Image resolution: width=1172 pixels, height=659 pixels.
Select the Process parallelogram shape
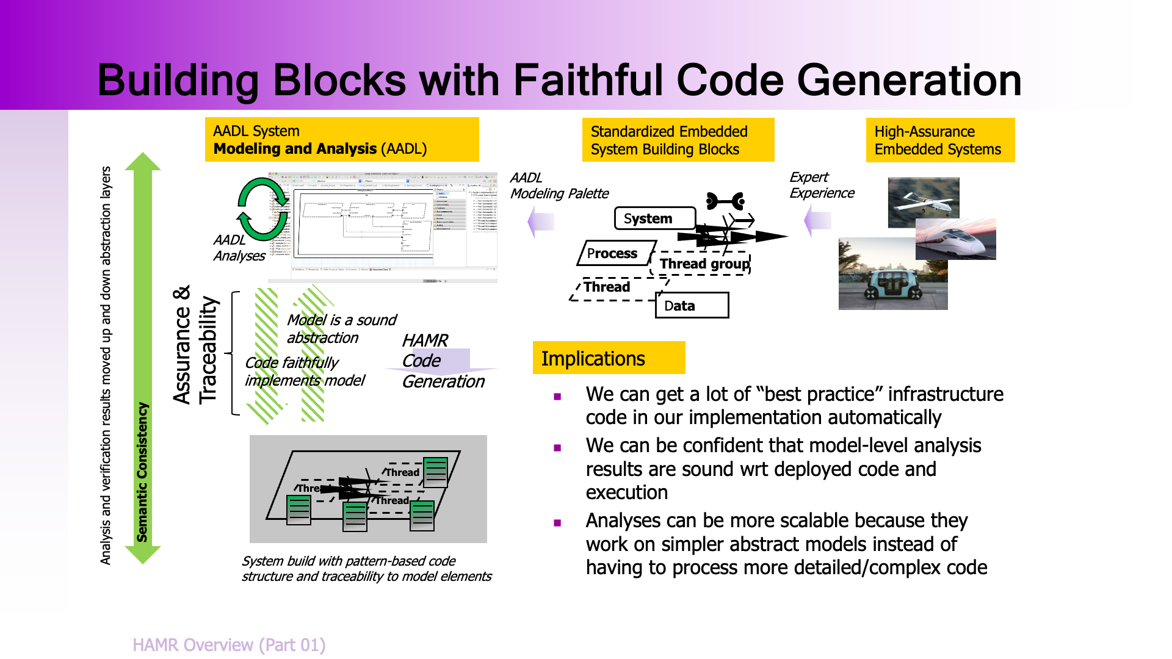point(613,253)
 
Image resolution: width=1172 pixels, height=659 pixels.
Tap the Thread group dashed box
point(703,264)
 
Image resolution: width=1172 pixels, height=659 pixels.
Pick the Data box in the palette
point(692,306)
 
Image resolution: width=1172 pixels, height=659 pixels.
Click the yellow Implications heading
point(609,358)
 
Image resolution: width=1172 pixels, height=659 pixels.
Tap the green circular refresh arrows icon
point(262,209)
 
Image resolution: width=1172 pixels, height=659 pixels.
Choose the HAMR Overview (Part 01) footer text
point(229,645)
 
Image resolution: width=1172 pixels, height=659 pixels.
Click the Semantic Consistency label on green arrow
point(142,472)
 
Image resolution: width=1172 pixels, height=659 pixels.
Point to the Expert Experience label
point(821,185)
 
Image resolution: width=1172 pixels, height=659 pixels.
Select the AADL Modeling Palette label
point(559,185)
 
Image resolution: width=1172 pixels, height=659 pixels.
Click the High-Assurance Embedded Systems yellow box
point(940,140)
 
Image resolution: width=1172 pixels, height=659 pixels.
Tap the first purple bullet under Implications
point(557,397)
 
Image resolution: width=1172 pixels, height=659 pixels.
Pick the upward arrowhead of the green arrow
point(142,162)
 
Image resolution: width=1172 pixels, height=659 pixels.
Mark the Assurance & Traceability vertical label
point(195,344)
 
